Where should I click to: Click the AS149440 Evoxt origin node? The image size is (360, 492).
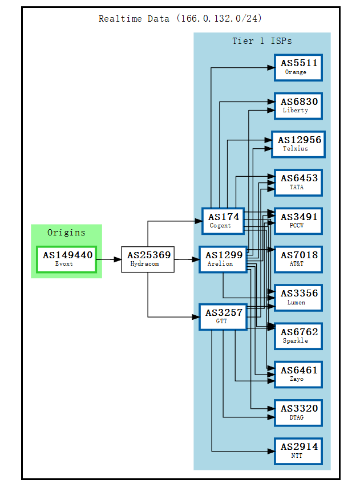pyautogui.click(x=67, y=259)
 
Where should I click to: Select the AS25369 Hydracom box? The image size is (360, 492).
pyautogui.click(x=147, y=259)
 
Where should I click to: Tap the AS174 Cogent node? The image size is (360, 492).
pyautogui.click(x=223, y=221)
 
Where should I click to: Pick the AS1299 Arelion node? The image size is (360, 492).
pyautogui.click(x=223, y=259)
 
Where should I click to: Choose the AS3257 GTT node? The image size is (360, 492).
pyautogui.click(x=223, y=316)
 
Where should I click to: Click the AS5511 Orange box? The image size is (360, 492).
pyautogui.click(x=298, y=67)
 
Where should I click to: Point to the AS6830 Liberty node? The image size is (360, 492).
pyautogui.click(x=298, y=105)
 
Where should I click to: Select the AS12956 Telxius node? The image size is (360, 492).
pyautogui.click(x=298, y=144)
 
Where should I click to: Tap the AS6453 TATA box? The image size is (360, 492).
pyautogui.click(x=298, y=182)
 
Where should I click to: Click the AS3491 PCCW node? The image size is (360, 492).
pyautogui.click(x=298, y=221)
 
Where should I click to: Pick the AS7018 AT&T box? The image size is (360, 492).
pyautogui.click(x=298, y=259)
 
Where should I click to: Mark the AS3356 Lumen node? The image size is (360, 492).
pyautogui.click(x=298, y=297)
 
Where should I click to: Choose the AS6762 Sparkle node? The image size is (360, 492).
pyautogui.click(x=298, y=336)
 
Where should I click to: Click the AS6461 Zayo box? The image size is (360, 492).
pyautogui.click(x=298, y=374)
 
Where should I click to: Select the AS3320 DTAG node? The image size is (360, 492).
pyautogui.click(x=298, y=412)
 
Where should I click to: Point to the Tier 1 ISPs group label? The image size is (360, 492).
pyautogui.click(x=262, y=41)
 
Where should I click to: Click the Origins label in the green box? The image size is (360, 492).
pyautogui.click(x=66, y=233)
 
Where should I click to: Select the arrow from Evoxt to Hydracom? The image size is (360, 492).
pyautogui.click(x=109, y=259)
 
